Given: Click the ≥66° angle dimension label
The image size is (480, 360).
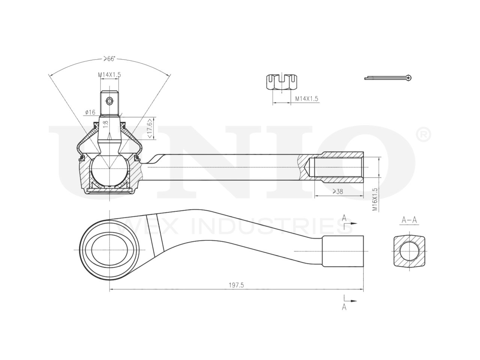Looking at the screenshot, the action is click(109, 59).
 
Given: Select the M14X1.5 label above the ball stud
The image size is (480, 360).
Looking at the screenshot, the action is click(109, 75).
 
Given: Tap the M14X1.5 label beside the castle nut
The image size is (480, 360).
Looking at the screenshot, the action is click(307, 99).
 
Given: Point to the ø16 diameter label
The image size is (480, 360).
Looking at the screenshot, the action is click(90, 112).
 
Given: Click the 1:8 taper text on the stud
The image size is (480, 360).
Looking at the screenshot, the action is click(106, 124).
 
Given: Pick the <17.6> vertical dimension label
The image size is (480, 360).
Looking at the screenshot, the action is click(150, 128).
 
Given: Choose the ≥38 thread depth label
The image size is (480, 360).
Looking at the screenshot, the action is click(338, 192).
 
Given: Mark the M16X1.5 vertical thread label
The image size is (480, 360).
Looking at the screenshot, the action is click(375, 199).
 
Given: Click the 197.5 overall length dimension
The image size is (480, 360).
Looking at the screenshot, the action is click(236, 285).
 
